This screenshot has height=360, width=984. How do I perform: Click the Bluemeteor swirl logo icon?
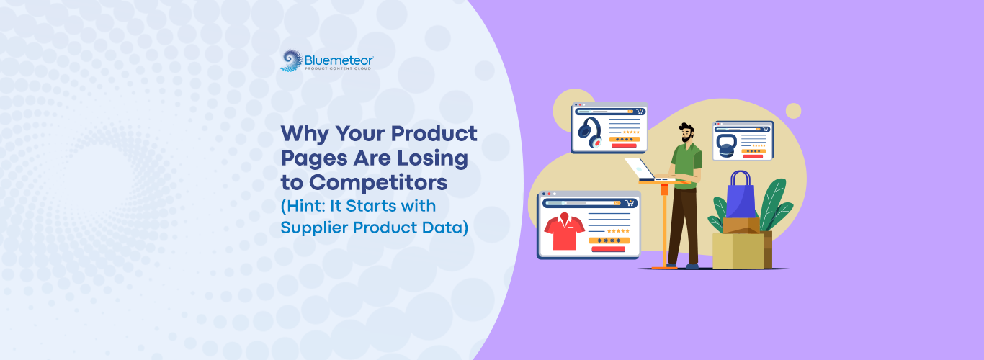[291, 60]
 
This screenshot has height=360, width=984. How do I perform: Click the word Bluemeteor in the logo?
[339, 60]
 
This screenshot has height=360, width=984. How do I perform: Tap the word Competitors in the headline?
[378, 182]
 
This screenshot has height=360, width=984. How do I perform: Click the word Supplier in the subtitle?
[313, 228]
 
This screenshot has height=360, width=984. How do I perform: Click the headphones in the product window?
[589, 132]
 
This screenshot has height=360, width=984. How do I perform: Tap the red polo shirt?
[565, 231]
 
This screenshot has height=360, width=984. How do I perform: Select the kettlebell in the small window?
[727, 145]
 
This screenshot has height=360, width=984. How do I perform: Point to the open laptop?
[644, 171]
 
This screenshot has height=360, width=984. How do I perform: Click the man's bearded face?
[686, 133]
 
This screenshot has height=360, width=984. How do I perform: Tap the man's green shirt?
[686, 165]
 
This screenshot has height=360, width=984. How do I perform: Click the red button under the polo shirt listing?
[609, 249]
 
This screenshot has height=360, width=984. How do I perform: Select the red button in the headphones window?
[624, 145]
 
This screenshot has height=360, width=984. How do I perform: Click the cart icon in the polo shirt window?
[630, 203]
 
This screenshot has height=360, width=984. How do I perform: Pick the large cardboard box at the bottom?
[742, 251]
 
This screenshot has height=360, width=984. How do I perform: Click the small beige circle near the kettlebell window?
[793, 111]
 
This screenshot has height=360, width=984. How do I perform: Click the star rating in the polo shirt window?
[618, 231]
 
